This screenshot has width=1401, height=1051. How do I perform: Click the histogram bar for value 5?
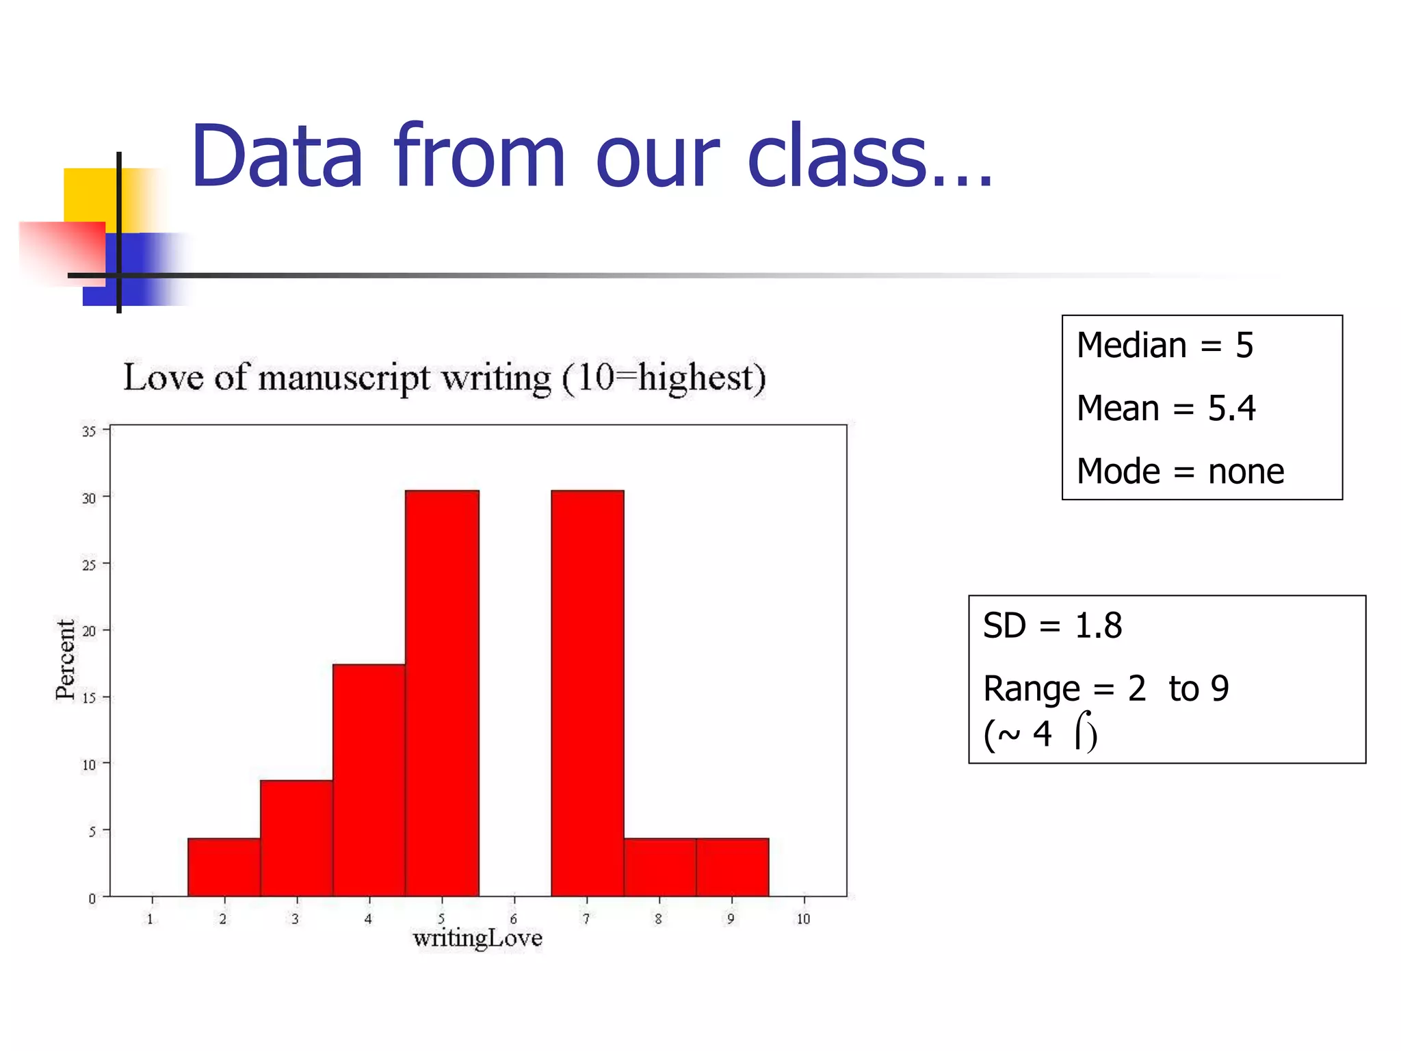[x=442, y=692]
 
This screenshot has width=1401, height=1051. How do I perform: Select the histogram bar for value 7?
[x=588, y=692]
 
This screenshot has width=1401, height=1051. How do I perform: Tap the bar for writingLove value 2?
[x=224, y=867]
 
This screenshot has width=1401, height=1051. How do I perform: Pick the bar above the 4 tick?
[x=369, y=780]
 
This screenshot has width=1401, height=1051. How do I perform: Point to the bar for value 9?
[x=732, y=867]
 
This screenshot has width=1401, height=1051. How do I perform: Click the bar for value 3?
[x=296, y=838]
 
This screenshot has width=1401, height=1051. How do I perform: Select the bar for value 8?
[x=659, y=867]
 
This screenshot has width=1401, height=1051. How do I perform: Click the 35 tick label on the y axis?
[x=89, y=431]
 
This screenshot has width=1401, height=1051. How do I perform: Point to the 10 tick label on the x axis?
[x=803, y=919]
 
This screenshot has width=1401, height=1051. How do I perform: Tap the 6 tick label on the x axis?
[x=514, y=919]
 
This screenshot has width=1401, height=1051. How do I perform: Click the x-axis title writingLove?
[x=477, y=938]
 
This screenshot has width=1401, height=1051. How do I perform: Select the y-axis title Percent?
[x=66, y=660]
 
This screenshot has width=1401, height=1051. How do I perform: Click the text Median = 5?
[x=1164, y=345]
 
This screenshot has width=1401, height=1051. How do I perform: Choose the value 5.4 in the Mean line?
[x=1231, y=408]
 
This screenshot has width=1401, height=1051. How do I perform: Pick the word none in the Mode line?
[x=1246, y=471]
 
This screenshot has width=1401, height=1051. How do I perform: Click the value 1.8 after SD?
[x=1098, y=625]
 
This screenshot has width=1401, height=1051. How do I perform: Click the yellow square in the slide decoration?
[x=89, y=194]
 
